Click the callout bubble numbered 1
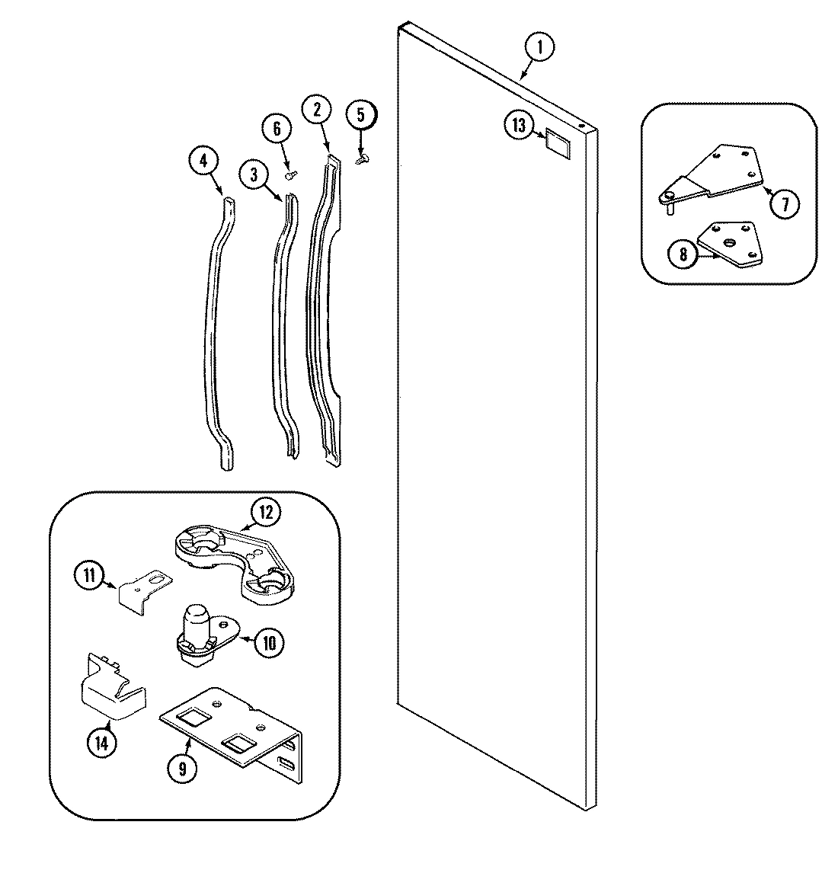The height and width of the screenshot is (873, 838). [539, 48]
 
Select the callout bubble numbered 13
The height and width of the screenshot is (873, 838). [520, 126]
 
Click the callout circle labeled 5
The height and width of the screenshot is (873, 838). [361, 115]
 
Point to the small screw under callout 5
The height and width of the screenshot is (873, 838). [363, 158]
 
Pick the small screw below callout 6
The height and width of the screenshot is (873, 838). [290, 174]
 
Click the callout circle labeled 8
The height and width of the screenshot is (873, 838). [683, 255]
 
